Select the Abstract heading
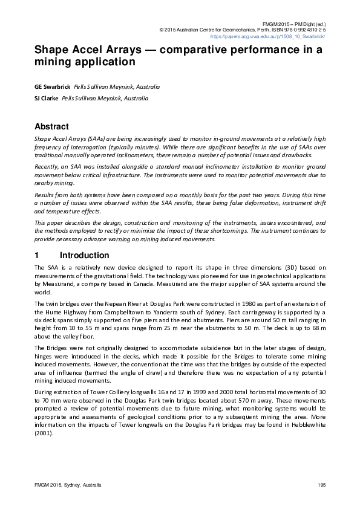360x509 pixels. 52,127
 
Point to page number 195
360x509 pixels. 321,485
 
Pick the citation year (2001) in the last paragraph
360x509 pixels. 44,434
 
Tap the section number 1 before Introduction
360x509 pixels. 37,256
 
